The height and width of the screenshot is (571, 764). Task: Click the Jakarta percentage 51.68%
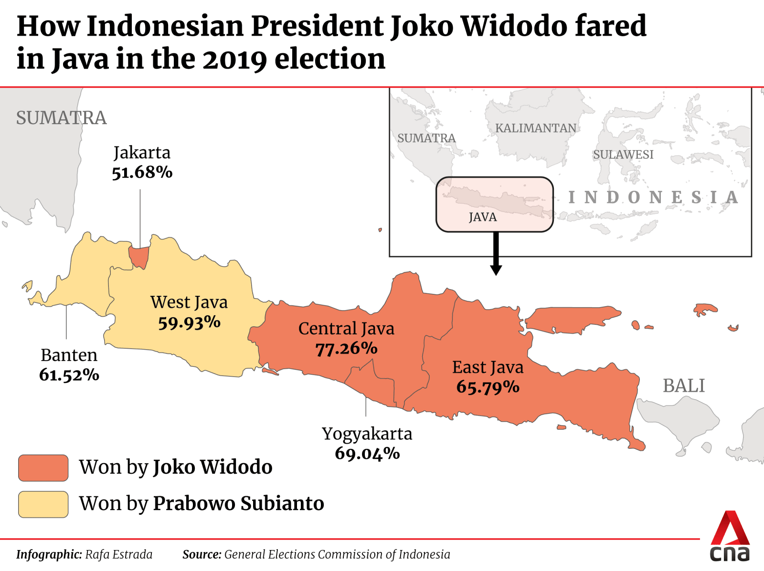point(142,172)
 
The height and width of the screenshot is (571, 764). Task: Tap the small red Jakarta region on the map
point(139,257)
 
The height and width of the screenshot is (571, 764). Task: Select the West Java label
point(189,302)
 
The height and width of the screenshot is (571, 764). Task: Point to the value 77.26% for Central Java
point(346,349)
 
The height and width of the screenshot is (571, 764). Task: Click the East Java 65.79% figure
point(488,387)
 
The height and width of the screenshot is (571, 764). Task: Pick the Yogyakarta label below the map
point(367,434)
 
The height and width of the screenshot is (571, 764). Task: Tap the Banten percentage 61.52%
point(69,375)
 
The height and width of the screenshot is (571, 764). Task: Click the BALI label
point(683,386)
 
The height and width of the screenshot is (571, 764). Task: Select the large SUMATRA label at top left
point(61,118)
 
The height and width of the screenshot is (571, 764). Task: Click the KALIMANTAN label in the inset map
point(535,128)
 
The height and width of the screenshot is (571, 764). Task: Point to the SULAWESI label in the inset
point(623,155)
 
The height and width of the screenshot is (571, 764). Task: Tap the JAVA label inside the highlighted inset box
point(482,218)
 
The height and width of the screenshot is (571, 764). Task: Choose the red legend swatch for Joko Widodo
point(43,467)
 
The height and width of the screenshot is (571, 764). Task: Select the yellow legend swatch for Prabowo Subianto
point(43,504)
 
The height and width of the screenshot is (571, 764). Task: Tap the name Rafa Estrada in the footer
point(118,554)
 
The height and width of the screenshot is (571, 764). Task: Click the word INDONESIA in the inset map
point(653,197)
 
